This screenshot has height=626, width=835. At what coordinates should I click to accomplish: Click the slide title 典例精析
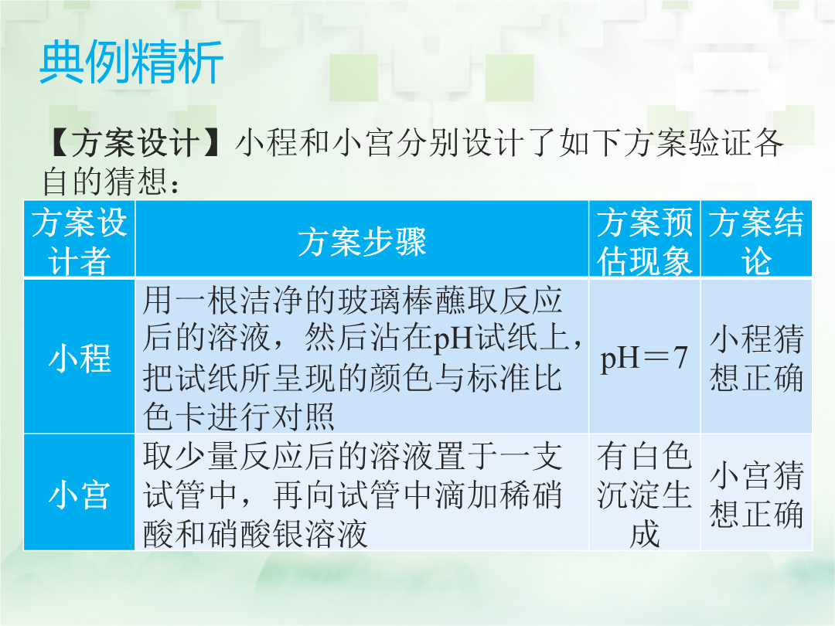(131, 63)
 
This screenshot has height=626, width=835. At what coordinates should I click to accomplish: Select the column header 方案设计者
(80, 241)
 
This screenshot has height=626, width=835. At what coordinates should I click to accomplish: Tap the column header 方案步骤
(362, 242)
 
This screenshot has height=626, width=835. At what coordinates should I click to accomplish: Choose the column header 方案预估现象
(644, 241)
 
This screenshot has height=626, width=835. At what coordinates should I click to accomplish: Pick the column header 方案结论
(756, 241)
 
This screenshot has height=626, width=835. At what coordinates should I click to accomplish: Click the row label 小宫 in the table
(80, 495)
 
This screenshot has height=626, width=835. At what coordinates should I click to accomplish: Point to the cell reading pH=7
(644, 358)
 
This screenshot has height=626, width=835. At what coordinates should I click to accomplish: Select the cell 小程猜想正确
(756, 358)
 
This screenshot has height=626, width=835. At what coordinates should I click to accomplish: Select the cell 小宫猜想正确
(756, 495)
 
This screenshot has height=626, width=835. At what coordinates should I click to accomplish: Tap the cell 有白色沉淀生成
(644, 495)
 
